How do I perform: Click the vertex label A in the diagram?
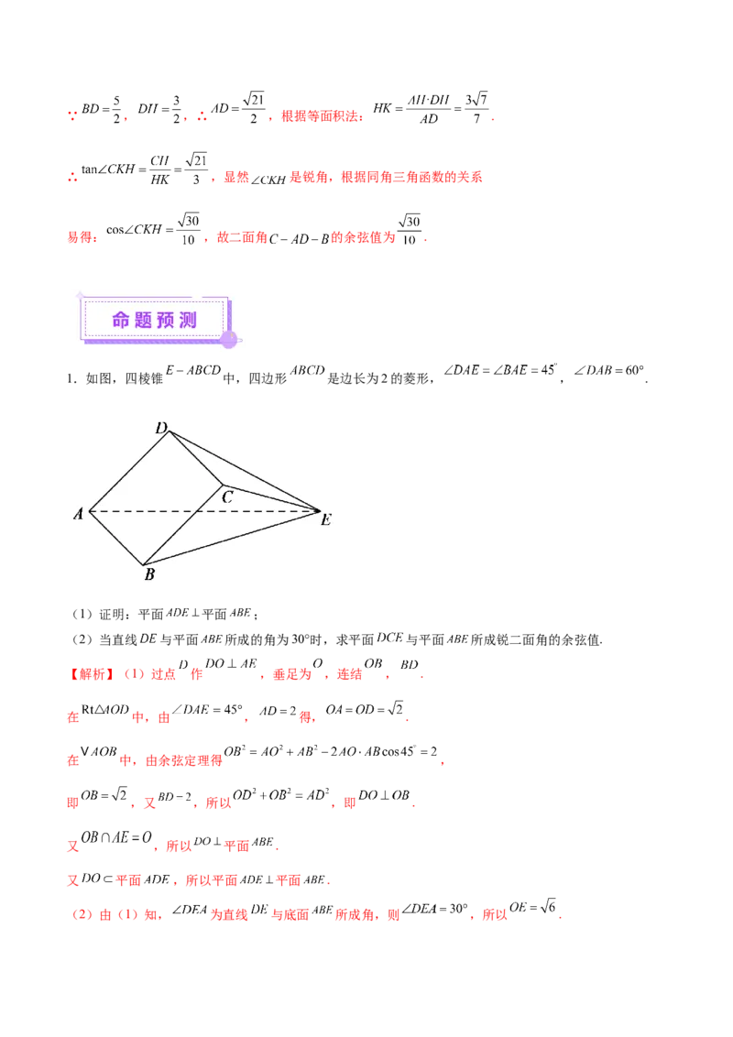tap(79, 514)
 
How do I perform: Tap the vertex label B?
tap(148, 575)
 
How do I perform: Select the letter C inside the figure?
tap(227, 497)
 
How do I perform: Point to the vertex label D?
tap(160, 428)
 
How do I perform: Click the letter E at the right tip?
tap(325, 520)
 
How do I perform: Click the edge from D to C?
tap(194, 457)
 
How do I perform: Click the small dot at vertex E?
tap(318, 510)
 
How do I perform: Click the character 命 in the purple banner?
tap(122, 320)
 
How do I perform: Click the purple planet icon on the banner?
tap(230, 339)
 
